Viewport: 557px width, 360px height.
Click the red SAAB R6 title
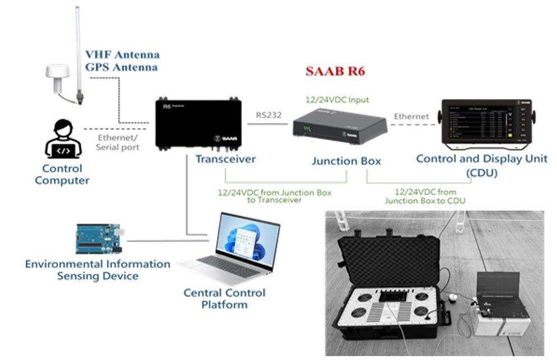[335, 72]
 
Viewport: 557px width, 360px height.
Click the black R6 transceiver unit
[199, 124]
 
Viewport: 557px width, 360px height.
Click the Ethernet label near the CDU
[411, 117]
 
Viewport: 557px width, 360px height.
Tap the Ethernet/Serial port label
[117, 141]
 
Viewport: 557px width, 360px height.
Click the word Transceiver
[225, 159]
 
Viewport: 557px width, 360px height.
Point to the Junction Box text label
[346, 161]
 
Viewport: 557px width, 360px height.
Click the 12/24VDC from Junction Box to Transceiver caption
[274, 196]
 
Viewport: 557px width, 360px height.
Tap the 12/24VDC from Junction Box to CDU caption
[425, 196]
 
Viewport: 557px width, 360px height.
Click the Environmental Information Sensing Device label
[98, 270]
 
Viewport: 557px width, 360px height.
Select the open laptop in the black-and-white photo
[500, 292]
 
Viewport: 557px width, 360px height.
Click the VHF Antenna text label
[122, 55]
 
